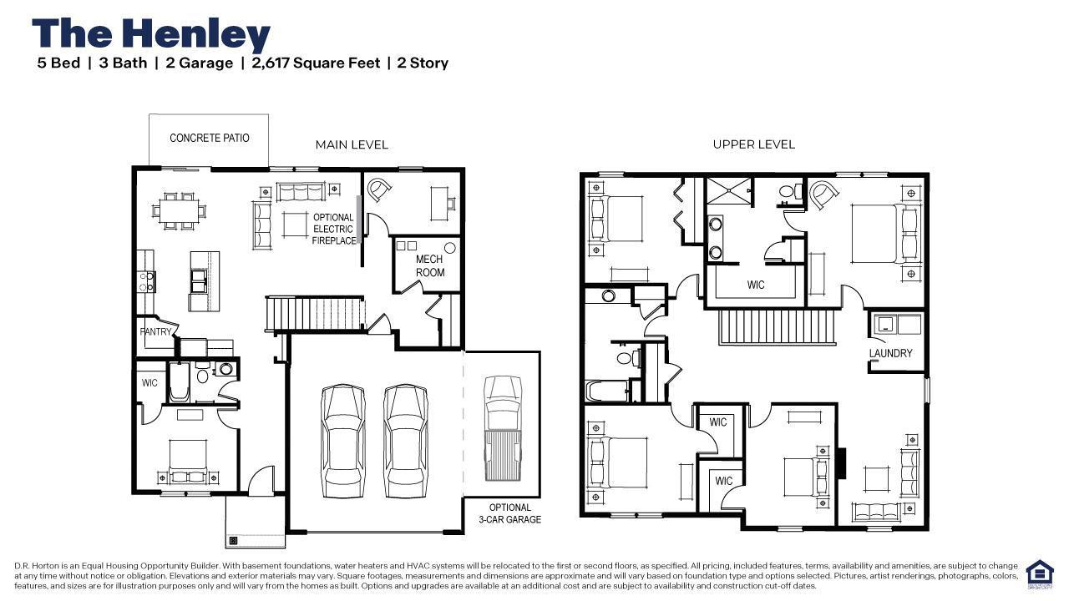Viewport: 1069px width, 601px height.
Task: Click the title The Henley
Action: (x=151, y=34)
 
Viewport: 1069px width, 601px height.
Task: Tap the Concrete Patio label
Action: (x=209, y=138)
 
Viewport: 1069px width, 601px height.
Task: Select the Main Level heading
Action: (x=352, y=144)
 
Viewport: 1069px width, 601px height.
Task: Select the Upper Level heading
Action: (x=753, y=144)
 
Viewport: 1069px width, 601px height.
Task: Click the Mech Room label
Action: (x=430, y=265)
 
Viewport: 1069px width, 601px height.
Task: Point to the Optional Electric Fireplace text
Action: (x=333, y=229)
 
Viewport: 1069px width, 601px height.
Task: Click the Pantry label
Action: (x=155, y=331)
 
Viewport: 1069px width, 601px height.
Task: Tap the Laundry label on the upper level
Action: (x=890, y=353)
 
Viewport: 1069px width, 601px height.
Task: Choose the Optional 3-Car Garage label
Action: (x=509, y=513)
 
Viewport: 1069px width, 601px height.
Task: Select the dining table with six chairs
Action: (x=177, y=210)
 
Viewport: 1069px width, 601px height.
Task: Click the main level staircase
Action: (x=316, y=314)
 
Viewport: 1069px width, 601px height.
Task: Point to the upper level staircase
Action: (x=777, y=326)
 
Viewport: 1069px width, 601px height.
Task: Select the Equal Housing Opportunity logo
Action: (x=1039, y=574)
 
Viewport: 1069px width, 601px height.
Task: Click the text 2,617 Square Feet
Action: (x=316, y=63)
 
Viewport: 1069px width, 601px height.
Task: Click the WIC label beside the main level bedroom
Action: (x=149, y=383)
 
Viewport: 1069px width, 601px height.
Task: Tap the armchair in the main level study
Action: (x=380, y=190)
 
